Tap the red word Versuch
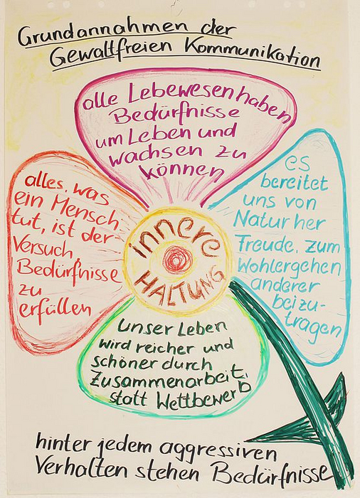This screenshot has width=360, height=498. point(43,250)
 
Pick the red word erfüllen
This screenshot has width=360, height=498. point(55,309)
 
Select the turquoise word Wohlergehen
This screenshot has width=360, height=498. point(289,267)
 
